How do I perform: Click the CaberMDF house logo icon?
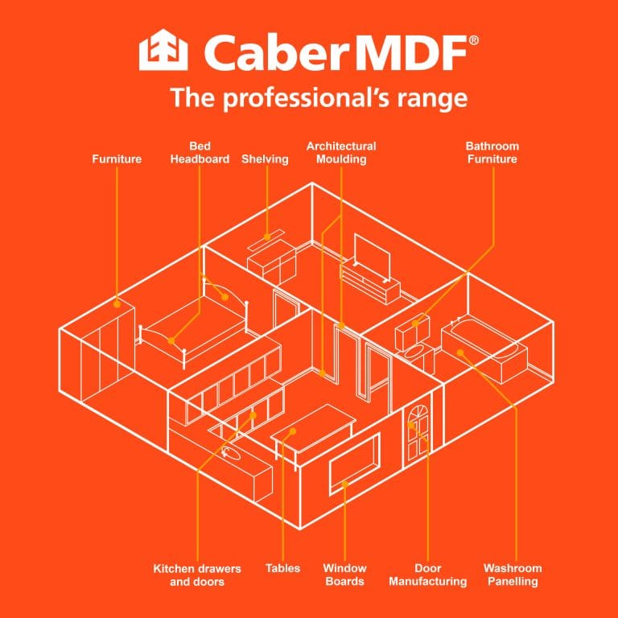pyautogui.click(x=163, y=50)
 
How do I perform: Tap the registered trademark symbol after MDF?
pyautogui.click(x=473, y=40)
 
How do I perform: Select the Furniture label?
pyautogui.click(x=117, y=159)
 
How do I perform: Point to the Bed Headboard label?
pyautogui.click(x=200, y=153)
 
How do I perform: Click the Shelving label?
pyautogui.click(x=265, y=159)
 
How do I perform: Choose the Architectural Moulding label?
pyautogui.click(x=341, y=153)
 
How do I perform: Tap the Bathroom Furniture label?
pyautogui.click(x=492, y=153)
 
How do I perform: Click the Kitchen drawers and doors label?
pyautogui.click(x=197, y=575)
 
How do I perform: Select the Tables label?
pyautogui.click(x=282, y=568)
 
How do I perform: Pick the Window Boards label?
pyautogui.click(x=345, y=575)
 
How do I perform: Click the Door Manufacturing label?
pyautogui.click(x=428, y=575)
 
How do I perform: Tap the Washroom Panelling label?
pyautogui.click(x=513, y=575)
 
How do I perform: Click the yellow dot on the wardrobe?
pyautogui.click(x=117, y=304)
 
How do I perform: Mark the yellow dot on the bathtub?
pyautogui.click(x=460, y=352)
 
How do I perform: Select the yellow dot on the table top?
pyautogui.click(x=292, y=431)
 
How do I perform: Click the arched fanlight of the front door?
pyautogui.click(x=418, y=414)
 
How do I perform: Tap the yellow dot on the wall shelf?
pyautogui.click(x=267, y=237)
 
